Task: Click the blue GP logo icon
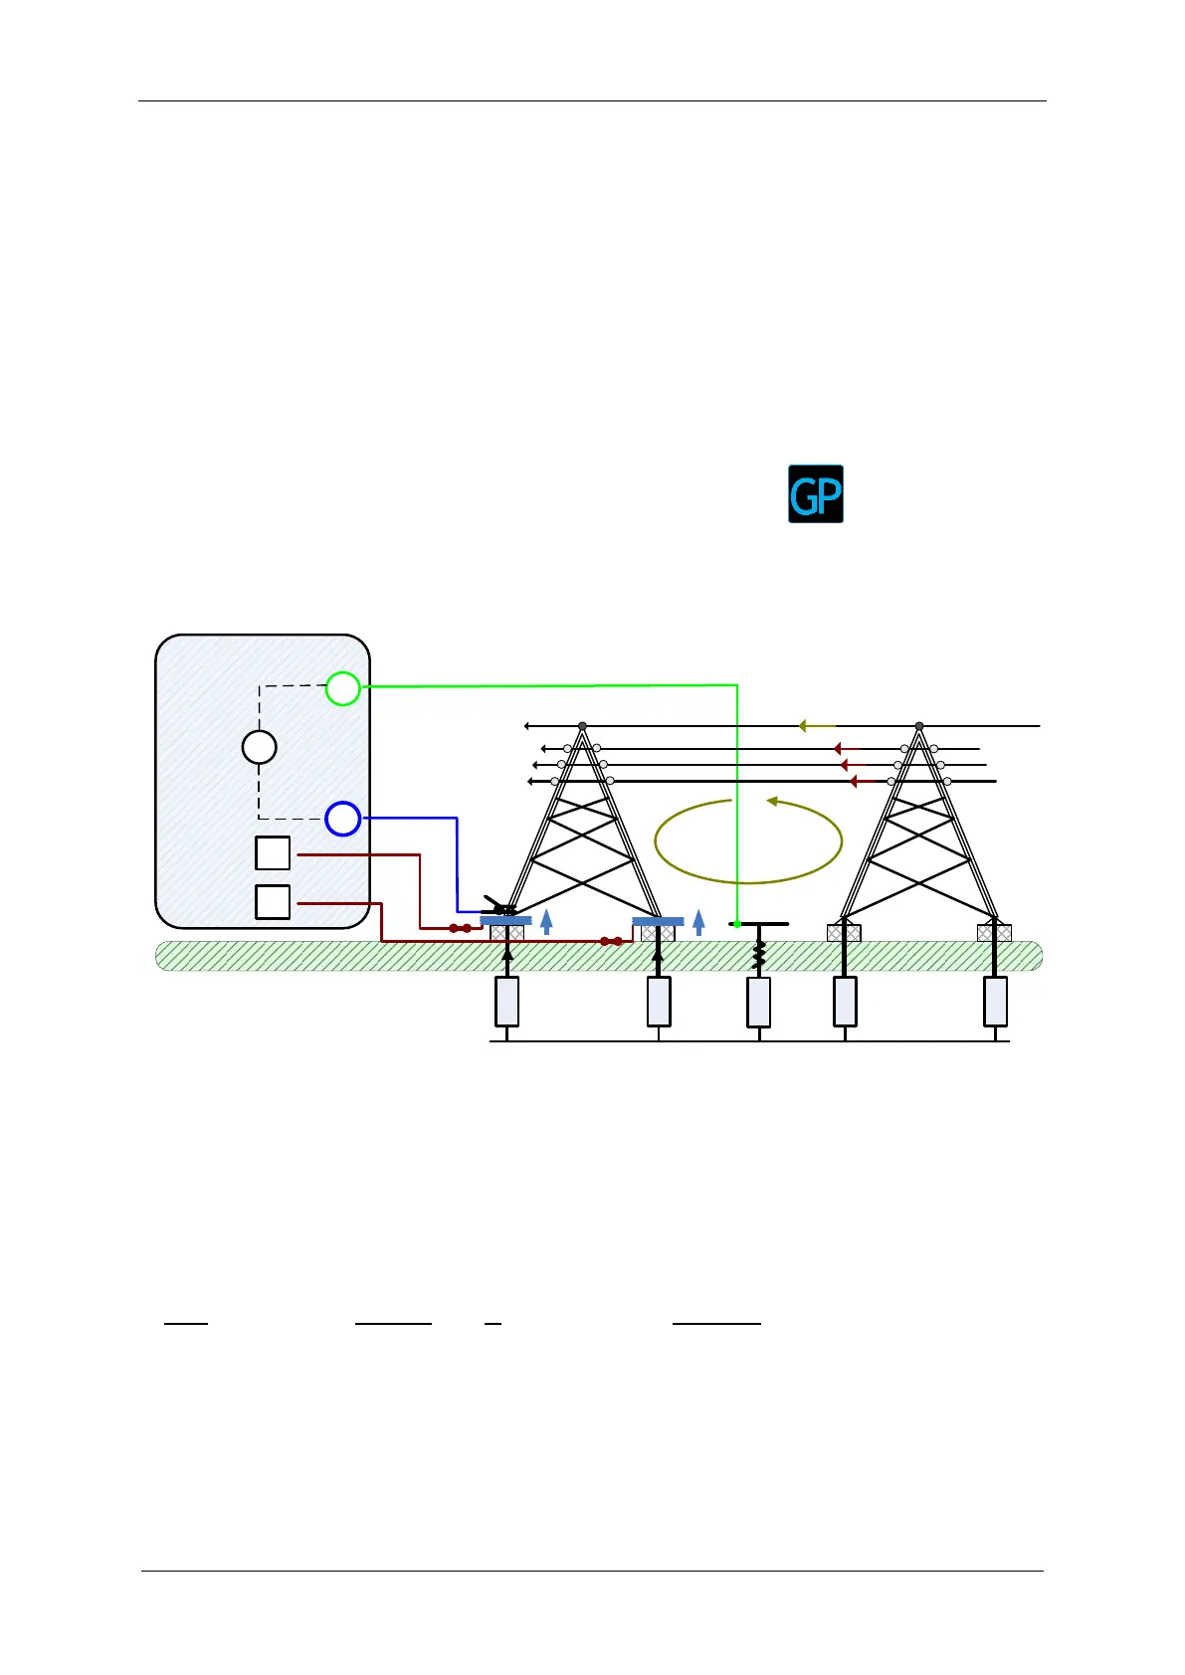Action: pyautogui.click(x=815, y=493)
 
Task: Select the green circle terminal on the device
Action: pyautogui.click(x=342, y=688)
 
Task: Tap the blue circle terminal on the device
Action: pyautogui.click(x=342, y=819)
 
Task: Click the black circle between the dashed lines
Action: pyautogui.click(x=259, y=747)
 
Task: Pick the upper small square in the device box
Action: pyautogui.click(x=273, y=853)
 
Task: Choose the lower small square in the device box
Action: pyautogui.click(x=273, y=902)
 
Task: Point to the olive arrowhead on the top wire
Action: pyautogui.click(x=803, y=726)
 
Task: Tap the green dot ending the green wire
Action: pyautogui.click(x=737, y=924)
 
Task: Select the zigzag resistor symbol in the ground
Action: pyautogui.click(x=759, y=955)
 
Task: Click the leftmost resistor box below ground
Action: pyautogui.click(x=507, y=1002)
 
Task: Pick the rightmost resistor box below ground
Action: pyautogui.click(x=995, y=1002)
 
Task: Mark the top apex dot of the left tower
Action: pyautogui.click(x=583, y=726)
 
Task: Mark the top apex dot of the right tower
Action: pyautogui.click(x=919, y=726)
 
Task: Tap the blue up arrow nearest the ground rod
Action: pyautogui.click(x=698, y=922)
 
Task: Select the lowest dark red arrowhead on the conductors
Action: pyautogui.click(x=854, y=782)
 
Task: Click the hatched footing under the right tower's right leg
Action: pyautogui.click(x=995, y=933)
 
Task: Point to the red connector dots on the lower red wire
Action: pyautogui.click(x=611, y=941)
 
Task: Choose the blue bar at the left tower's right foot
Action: pyautogui.click(x=658, y=922)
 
